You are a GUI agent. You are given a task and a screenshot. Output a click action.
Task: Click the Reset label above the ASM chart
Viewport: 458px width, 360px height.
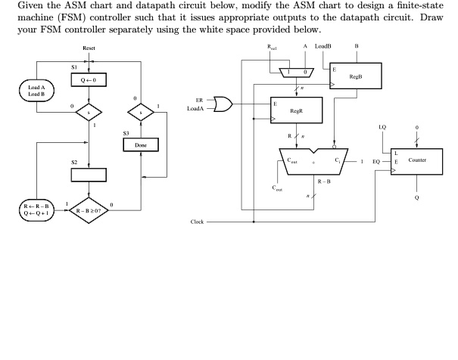click(x=89, y=48)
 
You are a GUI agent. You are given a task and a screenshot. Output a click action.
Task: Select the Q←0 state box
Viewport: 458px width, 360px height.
click(x=89, y=79)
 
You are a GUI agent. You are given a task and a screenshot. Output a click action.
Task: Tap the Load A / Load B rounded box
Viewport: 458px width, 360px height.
click(x=36, y=91)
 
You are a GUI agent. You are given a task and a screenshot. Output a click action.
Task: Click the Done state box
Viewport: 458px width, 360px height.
click(x=141, y=145)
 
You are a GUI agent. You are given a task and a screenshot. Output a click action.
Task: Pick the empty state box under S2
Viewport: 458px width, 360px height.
click(x=89, y=175)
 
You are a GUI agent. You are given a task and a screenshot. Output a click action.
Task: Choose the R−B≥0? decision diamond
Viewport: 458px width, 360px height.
click(x=89, y=210)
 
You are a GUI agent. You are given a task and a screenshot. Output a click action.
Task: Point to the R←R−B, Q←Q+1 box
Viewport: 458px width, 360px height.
click(x=36, y=210)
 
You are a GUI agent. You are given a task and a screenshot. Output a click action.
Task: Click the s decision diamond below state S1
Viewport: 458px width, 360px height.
click(x=89, y=113)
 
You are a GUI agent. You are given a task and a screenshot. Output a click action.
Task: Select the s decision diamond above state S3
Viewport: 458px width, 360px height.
click(x=141, y=113)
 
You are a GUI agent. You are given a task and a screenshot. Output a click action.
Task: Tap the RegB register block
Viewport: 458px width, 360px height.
click(x=356, y=76)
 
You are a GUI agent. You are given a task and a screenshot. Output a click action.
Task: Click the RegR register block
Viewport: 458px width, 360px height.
click(x=297, y=110)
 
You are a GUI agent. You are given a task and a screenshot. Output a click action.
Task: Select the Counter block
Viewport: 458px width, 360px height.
click(x=417, y=162)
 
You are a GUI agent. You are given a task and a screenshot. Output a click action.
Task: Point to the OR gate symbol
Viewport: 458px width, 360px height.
click(x=223, y=104)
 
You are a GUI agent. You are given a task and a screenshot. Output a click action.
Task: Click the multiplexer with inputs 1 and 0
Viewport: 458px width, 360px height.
click(x=297, y=73)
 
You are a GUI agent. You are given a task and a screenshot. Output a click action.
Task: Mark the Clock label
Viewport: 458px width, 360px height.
click(x=197, y=222)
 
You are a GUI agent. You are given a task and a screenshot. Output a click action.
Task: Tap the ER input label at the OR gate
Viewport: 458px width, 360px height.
click(x=199, y=101)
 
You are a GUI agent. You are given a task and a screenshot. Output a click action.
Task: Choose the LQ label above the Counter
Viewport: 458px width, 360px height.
click(x=382, y=127)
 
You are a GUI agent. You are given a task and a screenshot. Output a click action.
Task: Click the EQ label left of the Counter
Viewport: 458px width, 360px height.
click(x=376, y=162)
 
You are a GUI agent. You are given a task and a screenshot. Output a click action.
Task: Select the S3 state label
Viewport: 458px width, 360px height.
click(x=126, y=133)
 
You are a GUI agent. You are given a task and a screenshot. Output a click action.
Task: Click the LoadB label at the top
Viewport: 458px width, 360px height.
click(x=323, y=46)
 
